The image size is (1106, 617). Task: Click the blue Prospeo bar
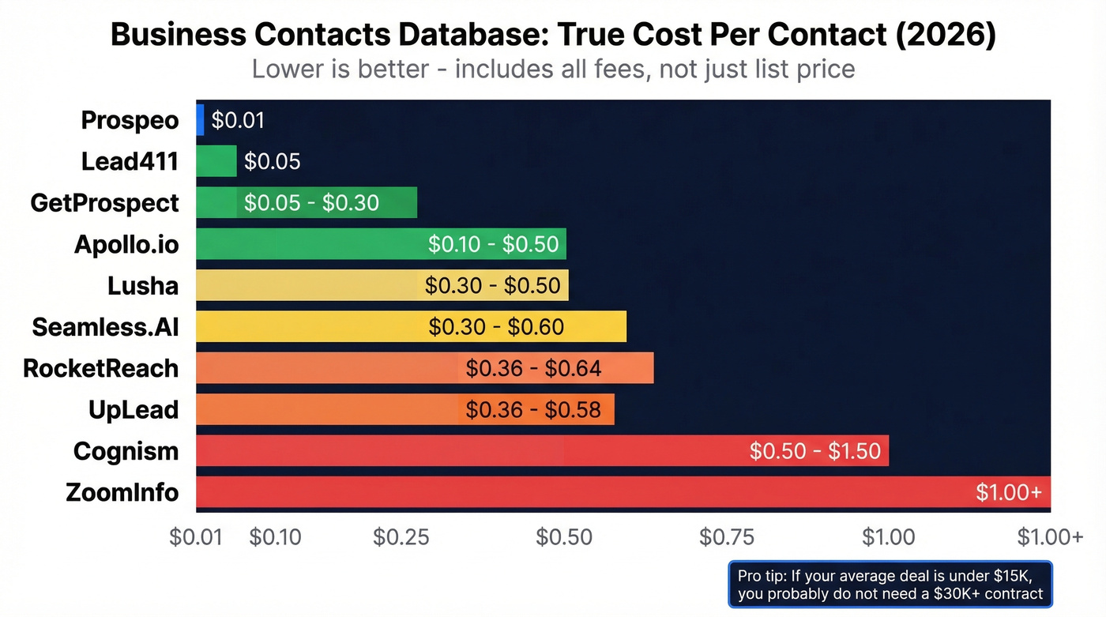coord(200,120)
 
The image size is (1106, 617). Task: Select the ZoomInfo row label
coord(122,493)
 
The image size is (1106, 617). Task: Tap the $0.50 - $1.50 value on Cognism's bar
coord(814,451)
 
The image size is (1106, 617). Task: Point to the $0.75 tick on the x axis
coord(727,537)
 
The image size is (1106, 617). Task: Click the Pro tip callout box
coord(890,584)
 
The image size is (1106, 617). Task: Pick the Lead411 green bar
coord(216,161)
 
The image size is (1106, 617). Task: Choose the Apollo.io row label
coord(126,244)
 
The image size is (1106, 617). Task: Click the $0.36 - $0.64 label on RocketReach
coord(533,368)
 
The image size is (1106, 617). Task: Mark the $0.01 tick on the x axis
coord(196,537)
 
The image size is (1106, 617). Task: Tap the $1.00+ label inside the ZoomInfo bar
coord(1009,493)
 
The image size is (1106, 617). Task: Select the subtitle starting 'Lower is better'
coord(553,69)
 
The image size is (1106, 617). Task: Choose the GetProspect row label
coord(104,203)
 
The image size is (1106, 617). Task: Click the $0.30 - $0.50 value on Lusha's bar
coord(492,286)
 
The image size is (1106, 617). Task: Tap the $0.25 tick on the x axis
coord(401,537)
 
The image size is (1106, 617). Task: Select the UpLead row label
coord(134,410)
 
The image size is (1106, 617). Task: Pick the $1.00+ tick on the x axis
coord(1050,537)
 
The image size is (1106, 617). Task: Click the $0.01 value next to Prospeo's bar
coord(238,120)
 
